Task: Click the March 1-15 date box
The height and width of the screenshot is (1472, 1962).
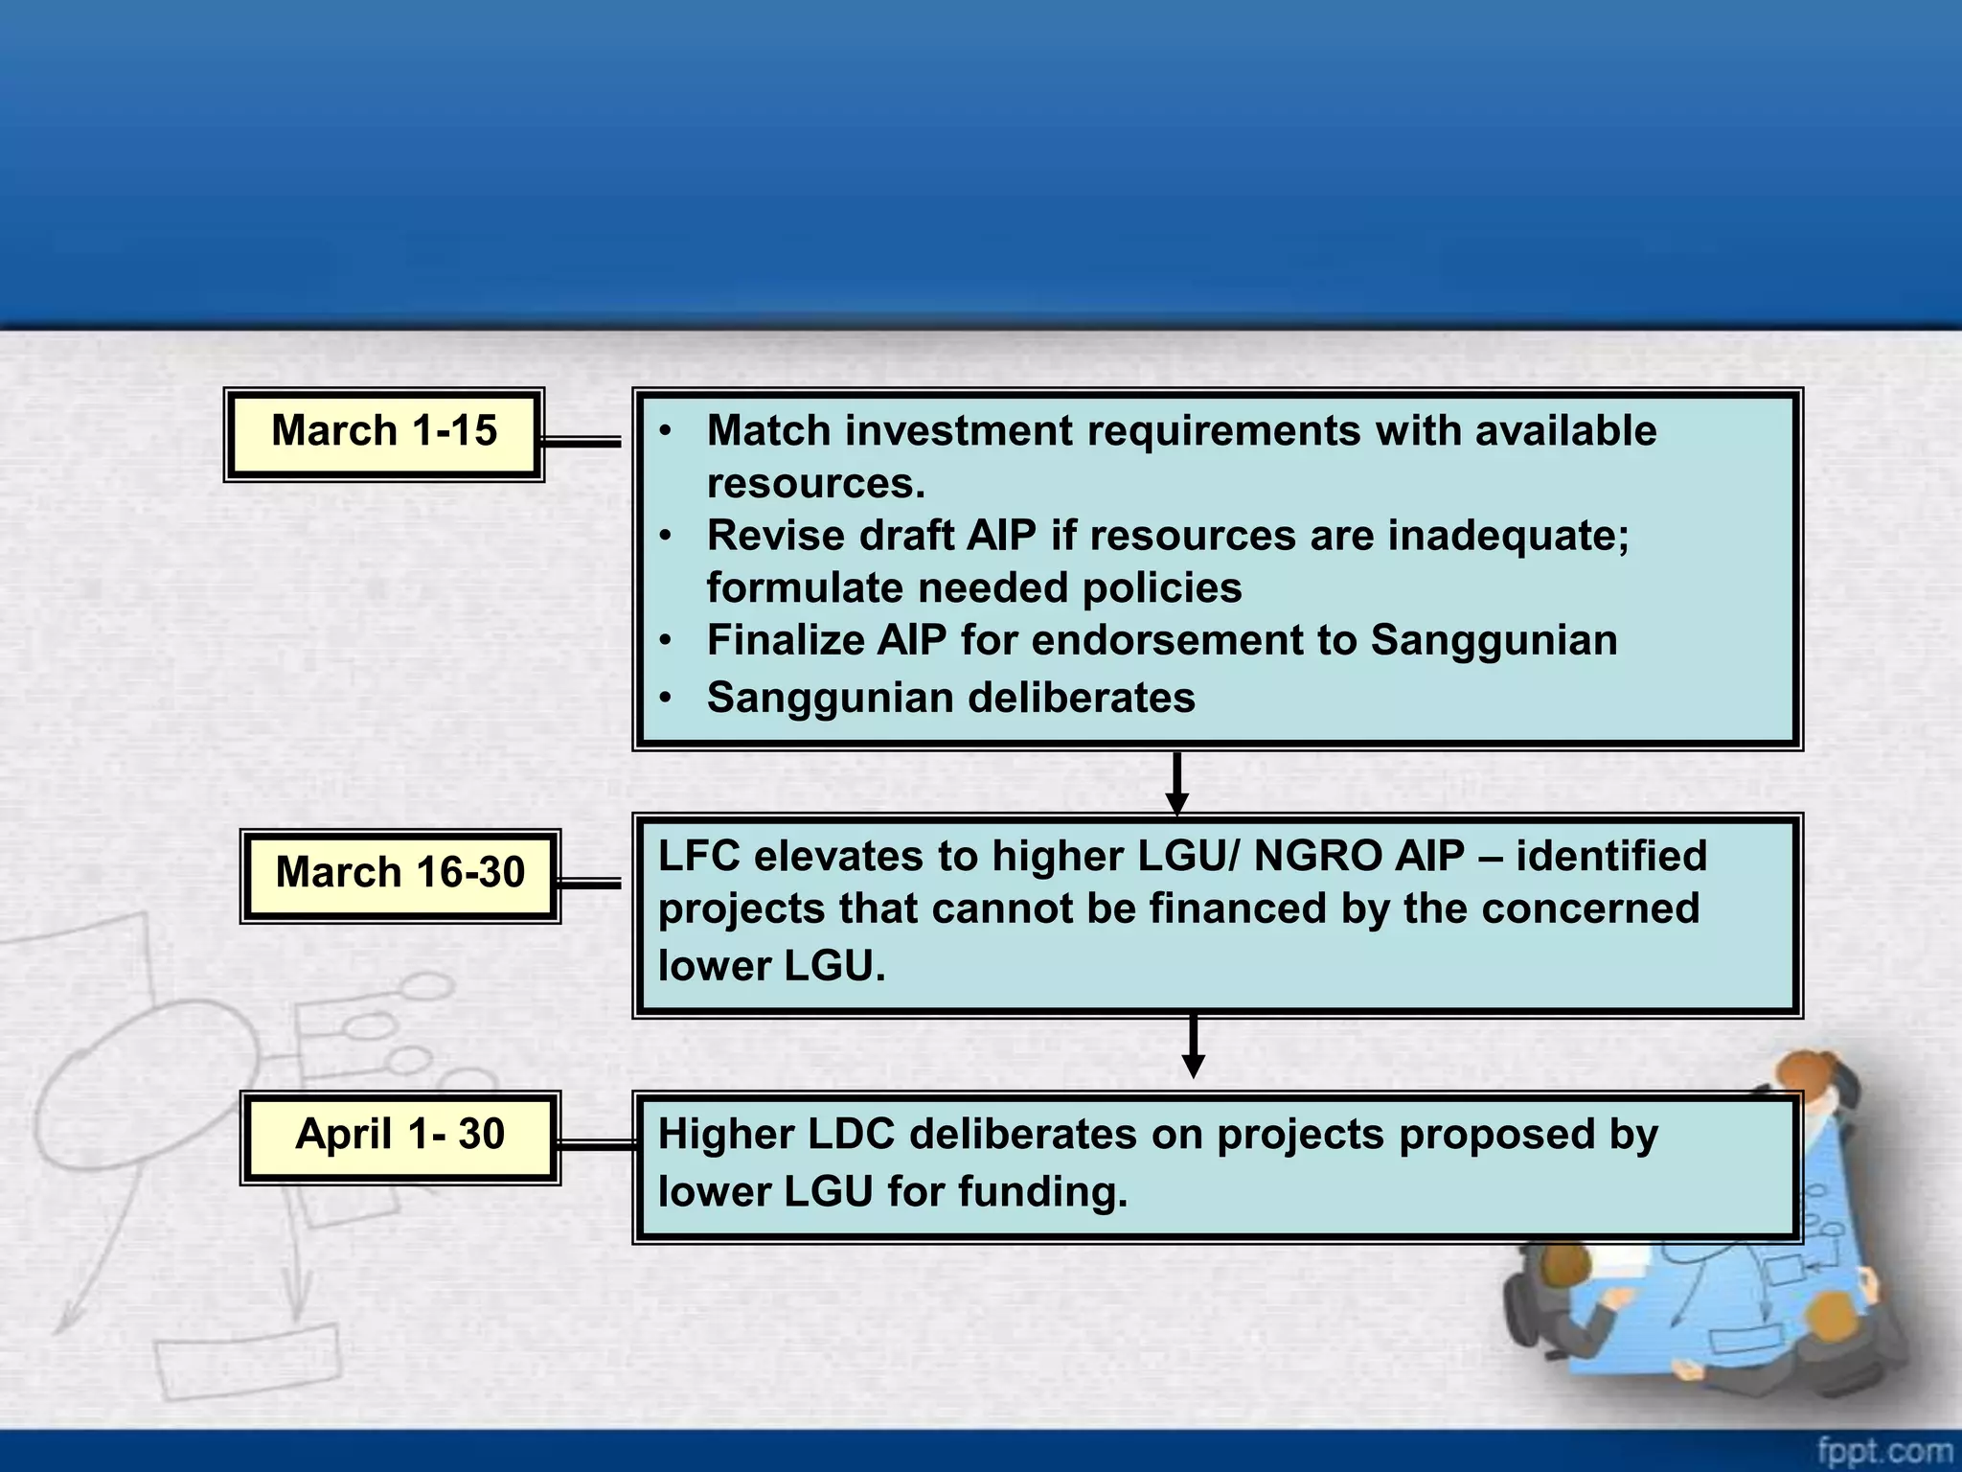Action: click(384, 433)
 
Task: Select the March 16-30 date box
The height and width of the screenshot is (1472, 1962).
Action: click(399, 875)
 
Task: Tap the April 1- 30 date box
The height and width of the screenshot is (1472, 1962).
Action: click(399, 1137)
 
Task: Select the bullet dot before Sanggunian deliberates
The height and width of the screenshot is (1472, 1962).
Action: click(666, 698)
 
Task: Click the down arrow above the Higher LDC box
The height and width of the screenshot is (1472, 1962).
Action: click(1193, 1047)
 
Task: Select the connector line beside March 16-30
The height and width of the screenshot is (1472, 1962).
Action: click(590, 883)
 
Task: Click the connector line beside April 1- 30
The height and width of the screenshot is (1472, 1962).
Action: click(596, 1144)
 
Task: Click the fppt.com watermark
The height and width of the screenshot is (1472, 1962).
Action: click(1884, 1450)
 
